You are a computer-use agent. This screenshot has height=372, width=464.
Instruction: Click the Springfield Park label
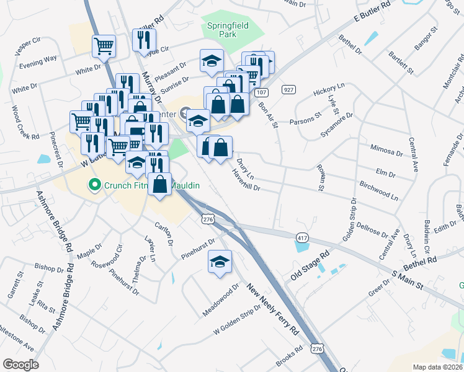[222, 30]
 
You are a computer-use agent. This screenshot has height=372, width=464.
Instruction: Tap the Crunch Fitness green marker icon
[94, 184]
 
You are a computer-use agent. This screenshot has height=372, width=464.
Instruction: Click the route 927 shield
[288, 89]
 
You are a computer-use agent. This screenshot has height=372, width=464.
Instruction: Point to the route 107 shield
[260, 92]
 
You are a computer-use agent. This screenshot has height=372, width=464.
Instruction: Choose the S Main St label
[407, 280]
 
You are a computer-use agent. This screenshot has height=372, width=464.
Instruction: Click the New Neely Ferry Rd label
[272, 310]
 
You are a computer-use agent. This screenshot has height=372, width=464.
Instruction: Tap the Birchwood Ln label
[379, 191]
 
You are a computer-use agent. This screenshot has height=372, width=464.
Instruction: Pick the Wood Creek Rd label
[25, 122]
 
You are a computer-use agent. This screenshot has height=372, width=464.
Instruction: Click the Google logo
[20, 365]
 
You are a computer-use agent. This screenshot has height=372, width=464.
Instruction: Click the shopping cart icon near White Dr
[104, 45]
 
